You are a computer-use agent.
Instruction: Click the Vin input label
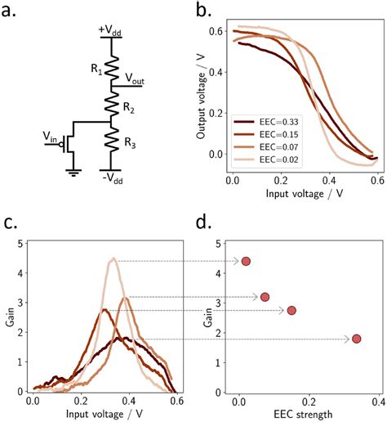click(x=51, y=140)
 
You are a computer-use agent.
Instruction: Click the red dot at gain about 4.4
click(x=246, y=261)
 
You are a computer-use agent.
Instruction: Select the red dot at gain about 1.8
click(x=356, y=339)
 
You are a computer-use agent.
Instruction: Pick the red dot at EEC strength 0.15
click(x=291, y=310)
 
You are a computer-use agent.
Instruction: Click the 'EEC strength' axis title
click(x=298, y=414)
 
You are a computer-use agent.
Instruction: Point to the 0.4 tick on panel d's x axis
click(x=376, y=402)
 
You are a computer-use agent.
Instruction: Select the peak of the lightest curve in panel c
click(x=113, y=258)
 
